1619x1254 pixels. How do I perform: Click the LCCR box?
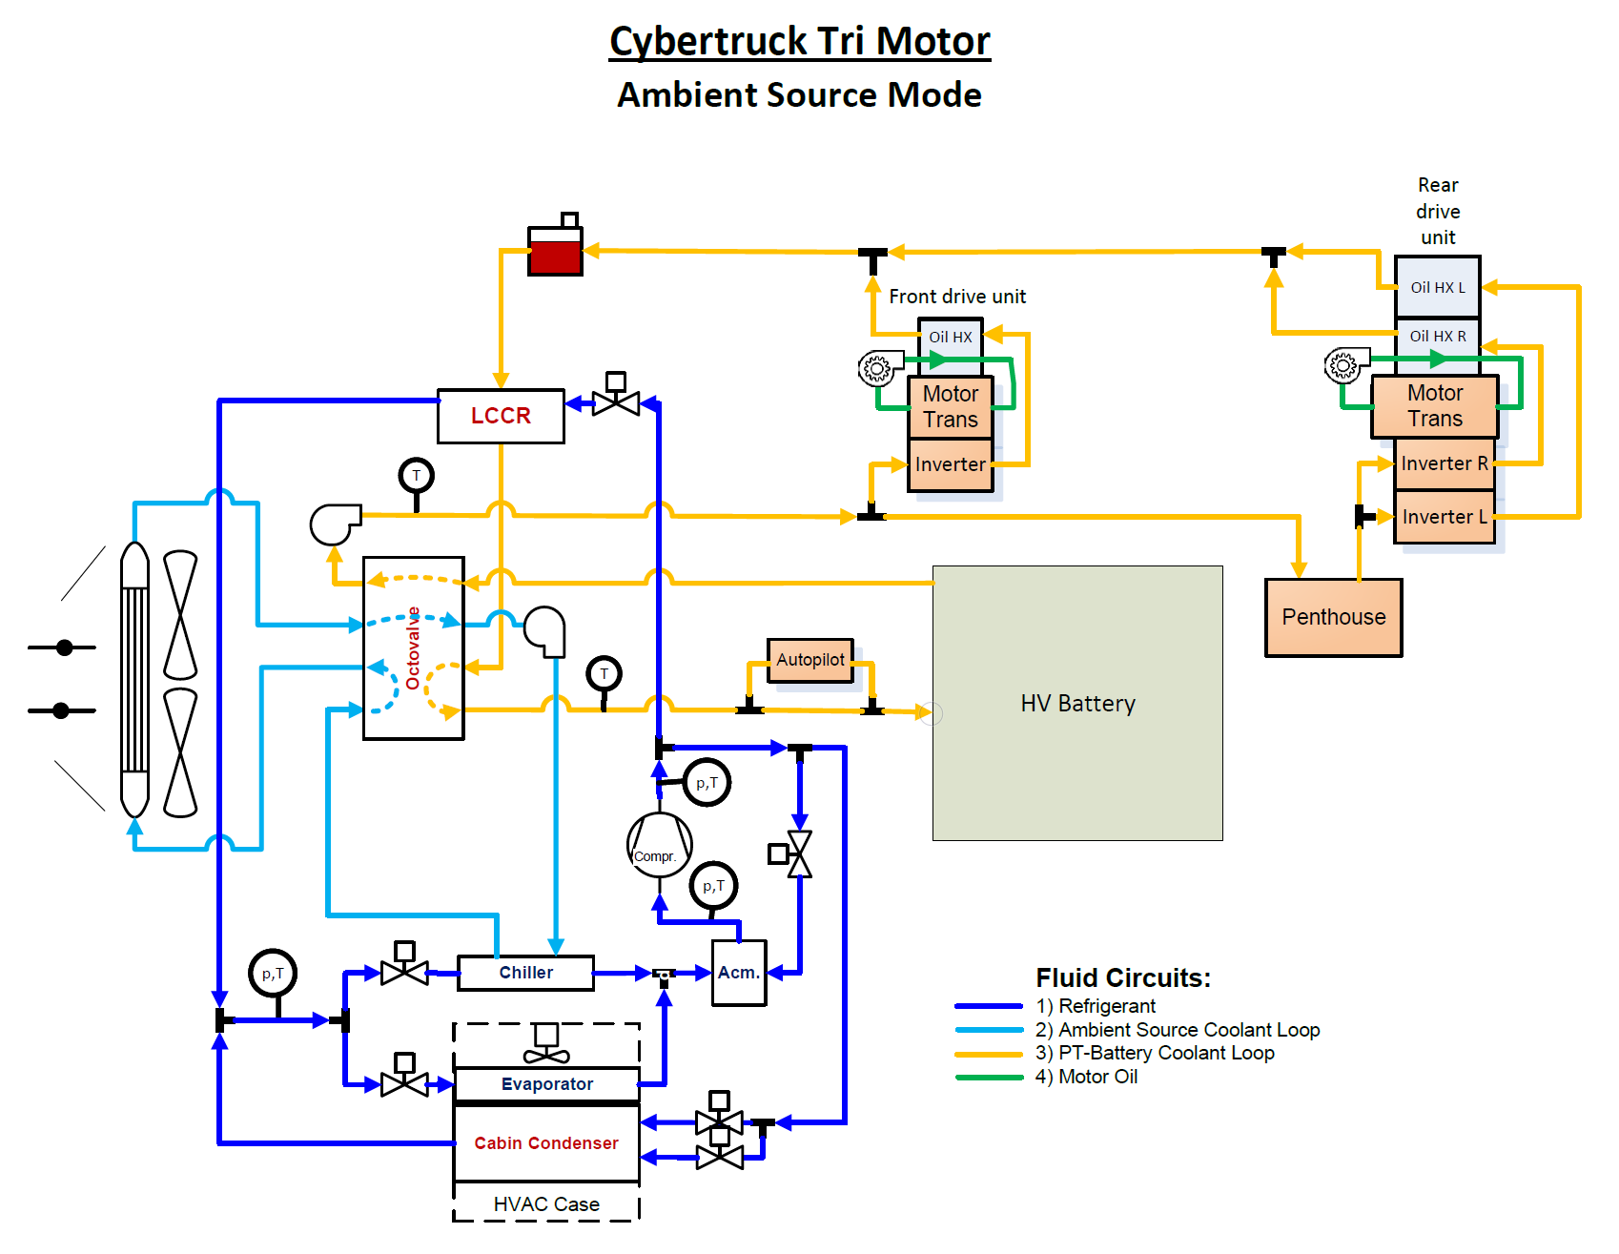tap(501, 416)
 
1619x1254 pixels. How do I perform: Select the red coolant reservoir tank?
tap(555, 252)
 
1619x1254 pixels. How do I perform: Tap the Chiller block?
tap(525, 973)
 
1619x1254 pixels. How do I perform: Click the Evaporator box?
tap(546, 1084)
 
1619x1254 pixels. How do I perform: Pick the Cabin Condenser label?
tap(546, 1143)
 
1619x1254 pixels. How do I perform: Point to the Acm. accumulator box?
tap(739, 973)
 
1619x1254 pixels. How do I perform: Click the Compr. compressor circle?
tap(659, 845)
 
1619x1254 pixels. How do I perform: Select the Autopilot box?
tap(810, 660)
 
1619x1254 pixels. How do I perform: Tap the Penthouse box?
tap(1333, 618)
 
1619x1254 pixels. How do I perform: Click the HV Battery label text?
tap(1077, 704)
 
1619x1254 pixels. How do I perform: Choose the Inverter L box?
tap(1444, 517)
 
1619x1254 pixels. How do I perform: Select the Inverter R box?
tap(1444, 463)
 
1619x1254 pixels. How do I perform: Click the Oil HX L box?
tap(1437, 287)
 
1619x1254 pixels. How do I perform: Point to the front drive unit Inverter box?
tap(950, 464)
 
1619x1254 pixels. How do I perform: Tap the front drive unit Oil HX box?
tap(951, 337)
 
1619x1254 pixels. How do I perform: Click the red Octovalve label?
tap(413, 648)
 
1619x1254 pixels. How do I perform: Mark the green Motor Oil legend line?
tap(989, 1078)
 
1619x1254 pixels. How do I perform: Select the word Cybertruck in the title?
tap(708, 41)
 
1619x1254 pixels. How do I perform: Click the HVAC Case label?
tap(546, 1204)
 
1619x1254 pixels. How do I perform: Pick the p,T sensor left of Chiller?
tap(273, 974)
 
